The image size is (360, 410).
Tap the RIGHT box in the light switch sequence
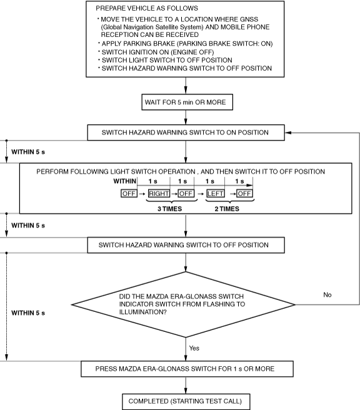pyautogui.click(x=159, y=194)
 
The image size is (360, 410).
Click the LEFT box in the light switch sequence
pyautogui.click(x=216, y=194)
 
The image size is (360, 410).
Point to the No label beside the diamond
pyautogui.click(x=327, y=295)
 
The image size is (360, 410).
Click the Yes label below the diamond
pyautogui.click(x=194, y=348)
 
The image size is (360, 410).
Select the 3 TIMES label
pyautogui.click(x=169, y=209)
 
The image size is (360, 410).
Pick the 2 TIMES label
pyautogui.click(x=227, y=209)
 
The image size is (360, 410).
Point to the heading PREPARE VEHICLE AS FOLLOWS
pyautogui.click(x=147, y=8)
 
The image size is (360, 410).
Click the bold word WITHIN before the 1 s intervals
pyautogui.click(x=125, y=181)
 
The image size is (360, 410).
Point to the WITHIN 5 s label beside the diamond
pyautogui.click(x=28, y=313)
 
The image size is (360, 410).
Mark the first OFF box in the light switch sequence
pyautogui.click(x=129, y=194)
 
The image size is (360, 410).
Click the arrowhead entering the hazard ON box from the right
pyautogui.click(x=288, y=132)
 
